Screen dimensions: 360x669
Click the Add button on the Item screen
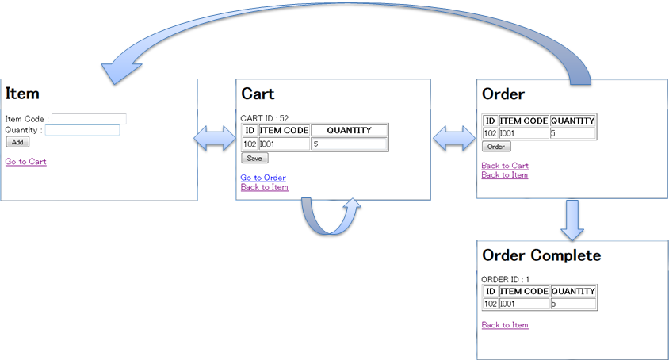(17, 142)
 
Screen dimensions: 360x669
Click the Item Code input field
(89, 119)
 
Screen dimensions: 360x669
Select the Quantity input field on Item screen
(82, 130)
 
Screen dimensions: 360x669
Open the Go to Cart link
(25, 162)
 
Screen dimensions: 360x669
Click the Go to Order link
(263, 178)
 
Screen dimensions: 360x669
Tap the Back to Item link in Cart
(265, 187)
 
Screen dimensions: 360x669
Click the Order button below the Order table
(496, 147)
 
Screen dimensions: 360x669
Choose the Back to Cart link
(505, 166)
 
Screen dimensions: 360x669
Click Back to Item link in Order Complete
(505, 325)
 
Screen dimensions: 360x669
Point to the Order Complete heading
(541, 255)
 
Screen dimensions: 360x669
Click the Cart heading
(258, 94)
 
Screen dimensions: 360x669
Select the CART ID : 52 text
(265, 118)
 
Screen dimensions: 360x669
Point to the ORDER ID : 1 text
(506, 279)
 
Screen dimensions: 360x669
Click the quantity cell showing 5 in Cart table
(349, 144)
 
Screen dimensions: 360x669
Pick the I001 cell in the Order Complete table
(524, 304)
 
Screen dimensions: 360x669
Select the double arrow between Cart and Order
(453, 140)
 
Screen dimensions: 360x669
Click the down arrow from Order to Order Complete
(572, 220)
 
